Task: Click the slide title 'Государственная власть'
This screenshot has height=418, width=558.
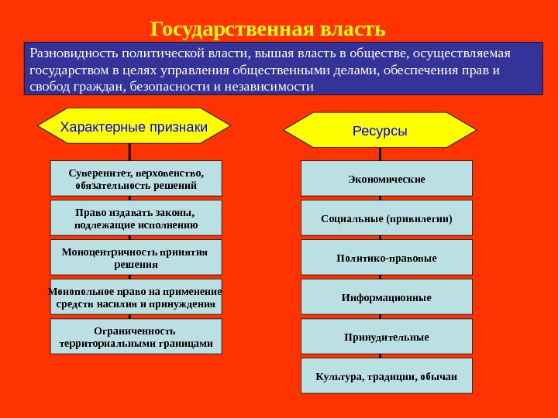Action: point(267,29)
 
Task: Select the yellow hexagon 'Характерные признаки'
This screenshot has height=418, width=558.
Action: point(134,126)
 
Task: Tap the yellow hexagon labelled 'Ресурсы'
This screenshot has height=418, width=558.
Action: point(380,130)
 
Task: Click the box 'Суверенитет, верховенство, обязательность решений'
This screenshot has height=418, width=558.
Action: point(136,178)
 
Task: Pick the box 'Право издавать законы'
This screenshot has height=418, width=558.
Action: point(136,218)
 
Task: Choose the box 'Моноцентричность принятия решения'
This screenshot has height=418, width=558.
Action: point(136,257)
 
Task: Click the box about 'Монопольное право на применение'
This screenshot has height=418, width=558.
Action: point(136,296)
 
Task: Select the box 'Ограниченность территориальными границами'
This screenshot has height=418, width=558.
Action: point(136,336)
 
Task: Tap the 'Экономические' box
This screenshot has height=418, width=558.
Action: point(386,178)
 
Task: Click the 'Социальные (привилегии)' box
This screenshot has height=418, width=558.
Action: point(386,218)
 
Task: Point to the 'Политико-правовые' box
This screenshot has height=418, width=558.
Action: point(386,257)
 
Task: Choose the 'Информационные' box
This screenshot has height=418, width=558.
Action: point(386,296)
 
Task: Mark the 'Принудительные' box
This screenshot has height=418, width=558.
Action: point(386,336)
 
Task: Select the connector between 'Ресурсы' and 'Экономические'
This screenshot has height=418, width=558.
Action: point(380,154)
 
